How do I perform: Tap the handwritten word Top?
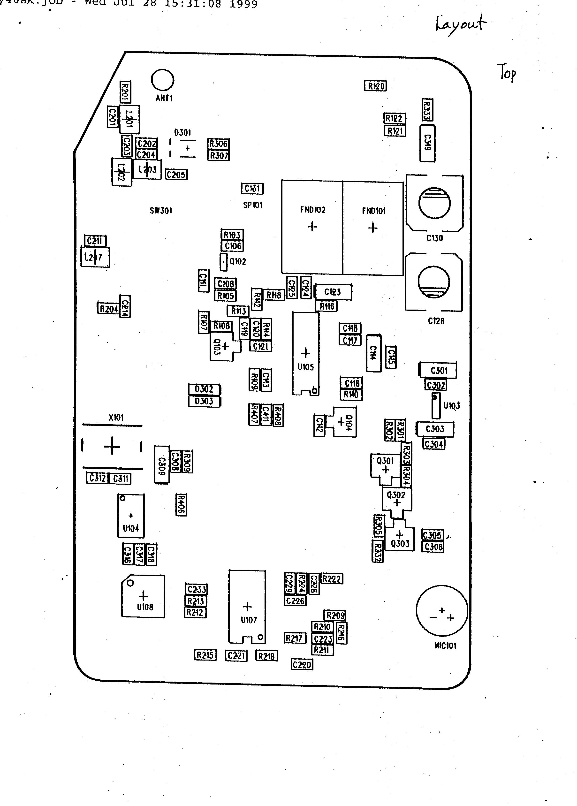507,73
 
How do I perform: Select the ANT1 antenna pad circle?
162,80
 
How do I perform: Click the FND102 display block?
312,227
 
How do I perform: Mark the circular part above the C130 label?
434,203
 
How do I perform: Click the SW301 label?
161,211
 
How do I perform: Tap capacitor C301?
438,371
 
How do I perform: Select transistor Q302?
396,498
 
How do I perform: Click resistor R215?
205,655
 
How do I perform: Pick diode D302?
204,389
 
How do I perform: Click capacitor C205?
176,175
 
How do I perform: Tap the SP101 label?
253,205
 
